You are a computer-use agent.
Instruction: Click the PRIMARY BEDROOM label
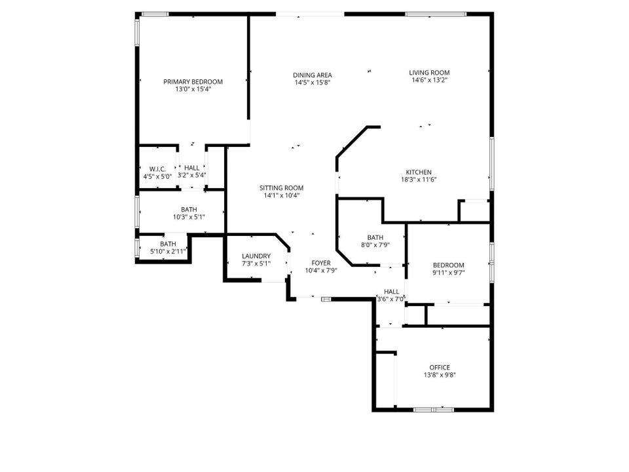(x=193, y=82)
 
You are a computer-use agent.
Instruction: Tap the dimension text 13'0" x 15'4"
(x=193, y=90)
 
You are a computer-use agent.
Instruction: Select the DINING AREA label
(x=312, y=75)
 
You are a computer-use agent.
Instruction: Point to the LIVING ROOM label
(x=429, y=73)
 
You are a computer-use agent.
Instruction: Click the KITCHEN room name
(x=419, y=172)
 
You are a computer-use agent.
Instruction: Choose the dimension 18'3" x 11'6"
(x=419, y=180)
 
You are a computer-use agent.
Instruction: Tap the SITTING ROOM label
(x=281, y=188)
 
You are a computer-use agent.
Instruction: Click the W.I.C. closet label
(x=157, y=169)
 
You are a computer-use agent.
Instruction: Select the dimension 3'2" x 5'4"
(x=192, y=176)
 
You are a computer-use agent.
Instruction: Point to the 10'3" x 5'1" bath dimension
(x=189, y=217)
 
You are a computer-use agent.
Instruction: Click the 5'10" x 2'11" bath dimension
(x=168, y=252)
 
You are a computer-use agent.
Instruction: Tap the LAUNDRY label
(x=256, y=256)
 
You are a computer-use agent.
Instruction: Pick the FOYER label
(x=321, y=263)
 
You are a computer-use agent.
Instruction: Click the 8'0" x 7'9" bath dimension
(x=375, y=245)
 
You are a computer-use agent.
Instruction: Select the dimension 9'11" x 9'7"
(x=448, y=273)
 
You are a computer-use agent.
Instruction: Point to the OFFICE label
(x=440, y=367)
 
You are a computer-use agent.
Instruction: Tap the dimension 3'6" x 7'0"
(x=391, y=299)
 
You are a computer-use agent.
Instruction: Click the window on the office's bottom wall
(x=434, y=410)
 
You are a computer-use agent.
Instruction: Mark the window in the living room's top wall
(x=436, y=14)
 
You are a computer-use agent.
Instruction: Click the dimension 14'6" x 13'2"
(x=429, y=80)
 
